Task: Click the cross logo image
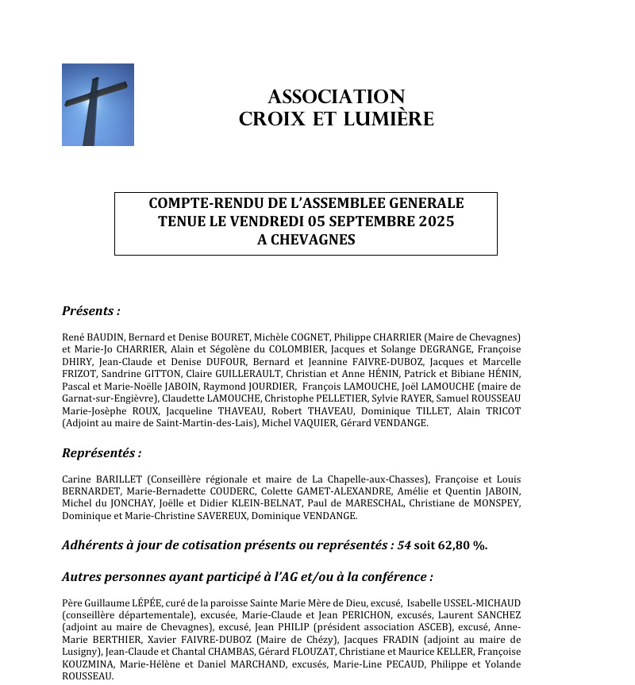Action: (x=98, y=105)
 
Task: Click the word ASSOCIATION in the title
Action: (x=337, y=97)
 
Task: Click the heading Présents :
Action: (x=91, y=310)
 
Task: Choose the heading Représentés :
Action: (x=102, y=453)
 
